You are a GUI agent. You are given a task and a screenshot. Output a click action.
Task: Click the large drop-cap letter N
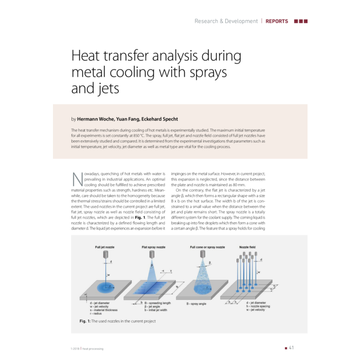click(x=77, y=179)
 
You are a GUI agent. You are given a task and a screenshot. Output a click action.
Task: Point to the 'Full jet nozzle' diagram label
click(x=104, y=247)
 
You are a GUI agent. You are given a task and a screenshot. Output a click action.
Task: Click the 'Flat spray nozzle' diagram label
click(x=153, y=247)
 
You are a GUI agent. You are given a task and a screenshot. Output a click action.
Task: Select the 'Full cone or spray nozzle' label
click(x=208, y=247)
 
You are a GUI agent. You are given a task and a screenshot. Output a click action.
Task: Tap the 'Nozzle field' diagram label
click(x=250, y=247)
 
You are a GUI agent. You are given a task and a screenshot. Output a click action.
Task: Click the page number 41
click(x=291, y=348)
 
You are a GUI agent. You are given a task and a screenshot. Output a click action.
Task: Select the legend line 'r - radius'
click(x=96, y=313)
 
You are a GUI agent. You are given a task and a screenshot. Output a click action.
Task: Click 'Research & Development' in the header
click(x=226, y=21)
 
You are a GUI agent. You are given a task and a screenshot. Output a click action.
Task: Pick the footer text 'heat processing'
click(x=93, y=349)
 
